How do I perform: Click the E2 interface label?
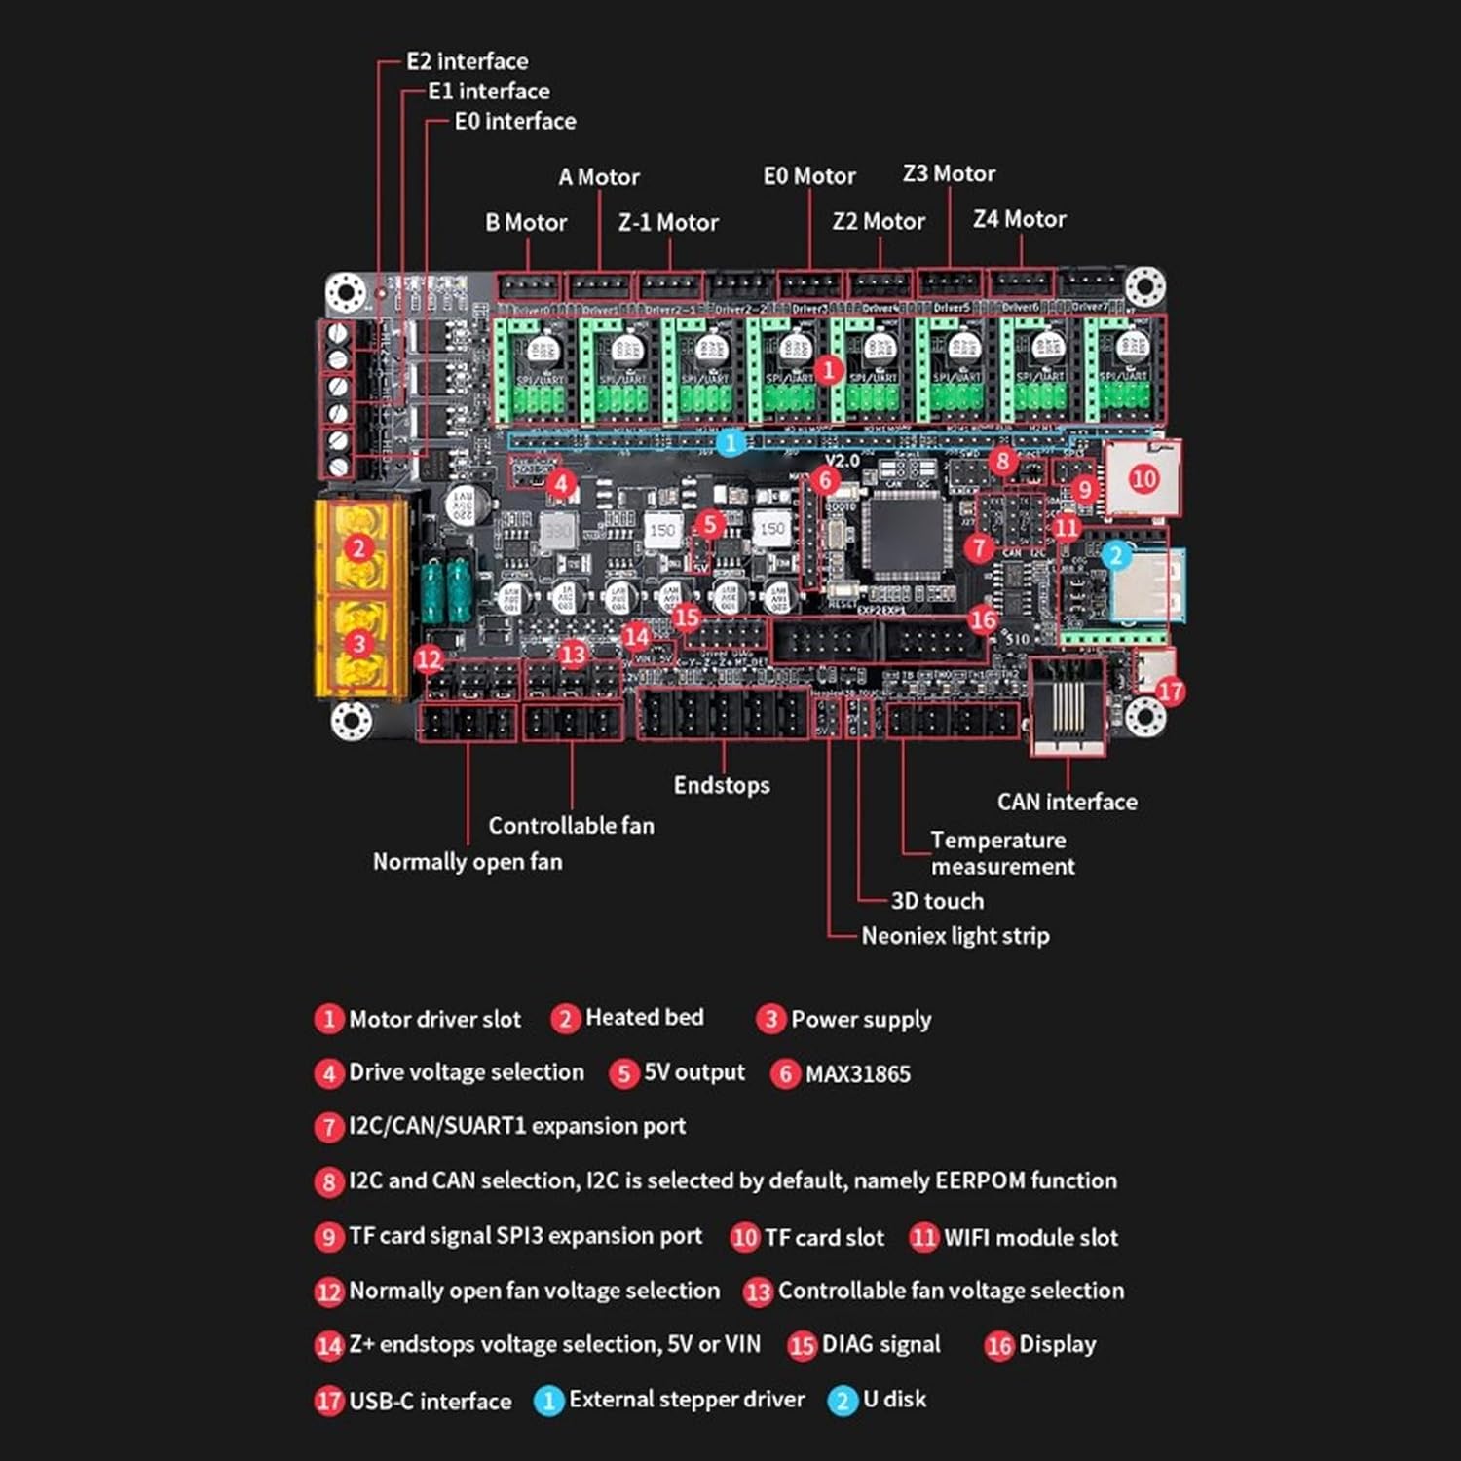pos(467,61)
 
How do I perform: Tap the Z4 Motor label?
pos(1019,219)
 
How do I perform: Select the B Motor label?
pos(526,223)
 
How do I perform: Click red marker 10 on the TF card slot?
pos(1143,478)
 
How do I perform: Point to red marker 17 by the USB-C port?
pos(1170,692)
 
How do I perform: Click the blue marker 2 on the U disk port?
pos(1116,555)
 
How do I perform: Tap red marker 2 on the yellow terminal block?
pos(358,547)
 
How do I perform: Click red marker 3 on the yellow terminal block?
pos(358,643)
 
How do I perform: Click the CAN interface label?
pos(1067,802)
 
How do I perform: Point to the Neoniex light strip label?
pos(955,936)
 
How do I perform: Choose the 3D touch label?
pos(937,901)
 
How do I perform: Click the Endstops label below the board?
pos(721,785)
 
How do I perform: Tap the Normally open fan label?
pos(468,861)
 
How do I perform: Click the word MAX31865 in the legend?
pos(857,1074)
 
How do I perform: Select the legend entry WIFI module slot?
pos(1030,1238)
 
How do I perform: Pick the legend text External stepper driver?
pos(687,1400)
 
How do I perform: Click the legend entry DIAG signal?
pos(880,1345)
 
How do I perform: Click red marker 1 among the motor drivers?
pos(828,370)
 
